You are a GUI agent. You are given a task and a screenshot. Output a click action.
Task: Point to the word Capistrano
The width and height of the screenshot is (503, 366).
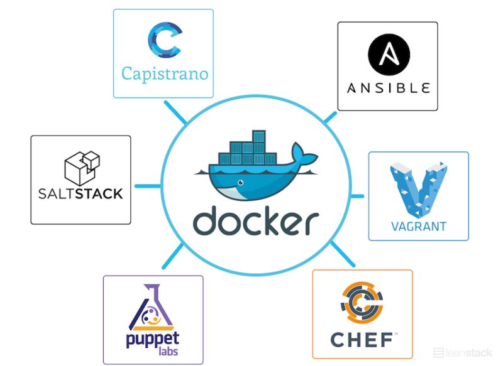coord(164,74)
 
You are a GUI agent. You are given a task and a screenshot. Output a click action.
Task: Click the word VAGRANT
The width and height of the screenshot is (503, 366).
coord(418,227)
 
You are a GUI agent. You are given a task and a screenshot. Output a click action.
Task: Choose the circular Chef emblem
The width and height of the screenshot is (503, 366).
coord(362,304)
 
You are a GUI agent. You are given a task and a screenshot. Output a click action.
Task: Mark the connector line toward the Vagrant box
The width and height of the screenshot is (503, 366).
coord(357,196)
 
